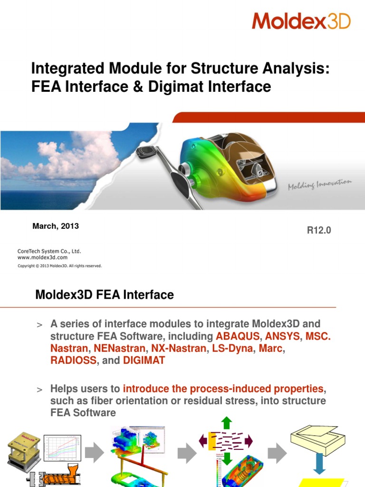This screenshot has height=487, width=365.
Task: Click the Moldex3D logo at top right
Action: tap(301, 21)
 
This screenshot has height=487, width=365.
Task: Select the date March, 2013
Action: tap(56, 226)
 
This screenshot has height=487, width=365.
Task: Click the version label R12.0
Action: tap(319, 231)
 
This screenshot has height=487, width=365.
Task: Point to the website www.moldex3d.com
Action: tap(42, 257)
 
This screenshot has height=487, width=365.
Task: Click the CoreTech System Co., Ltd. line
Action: tap(46, 251)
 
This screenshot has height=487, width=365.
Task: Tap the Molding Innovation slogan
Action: tap(319, 184)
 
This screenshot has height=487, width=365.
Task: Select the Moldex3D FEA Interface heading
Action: tap(105, 295)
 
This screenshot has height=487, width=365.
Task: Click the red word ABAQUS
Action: tap(238, 336)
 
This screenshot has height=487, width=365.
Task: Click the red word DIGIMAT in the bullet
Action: tap(144, 360)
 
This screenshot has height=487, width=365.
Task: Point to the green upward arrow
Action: tap(227, 422)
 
